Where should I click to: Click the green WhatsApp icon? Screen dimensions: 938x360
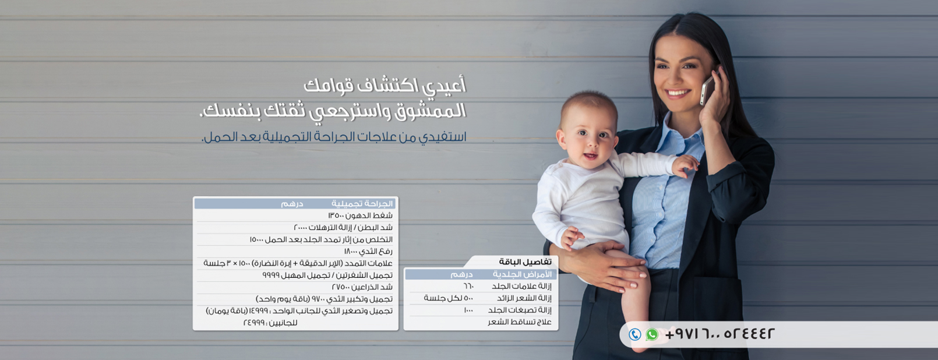click(651, 334)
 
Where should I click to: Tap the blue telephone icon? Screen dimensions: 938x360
click(635, 334)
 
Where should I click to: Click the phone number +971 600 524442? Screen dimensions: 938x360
click(720, 334)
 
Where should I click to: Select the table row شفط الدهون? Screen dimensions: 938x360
click(360, 216)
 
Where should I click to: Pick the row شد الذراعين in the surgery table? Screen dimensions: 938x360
click(362, 287)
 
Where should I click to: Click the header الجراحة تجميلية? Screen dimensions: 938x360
click(362, 204)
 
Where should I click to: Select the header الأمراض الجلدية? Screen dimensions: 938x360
click(522, 274)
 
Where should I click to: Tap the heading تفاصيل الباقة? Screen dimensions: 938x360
click(526, 262)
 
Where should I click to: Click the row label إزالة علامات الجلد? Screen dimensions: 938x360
click(522, 287)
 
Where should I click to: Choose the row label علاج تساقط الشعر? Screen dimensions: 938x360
click(520, 322)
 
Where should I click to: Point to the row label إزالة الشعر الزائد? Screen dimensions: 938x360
click(524, 298)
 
